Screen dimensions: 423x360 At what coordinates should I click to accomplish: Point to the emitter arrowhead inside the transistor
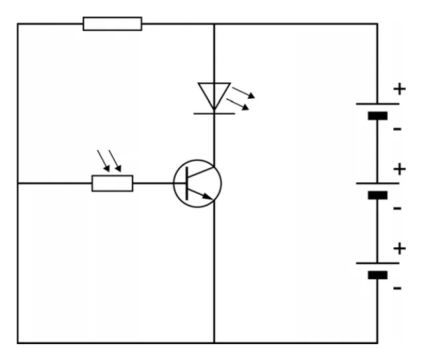click(208, 196)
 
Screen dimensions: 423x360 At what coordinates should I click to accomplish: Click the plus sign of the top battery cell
click(400, 89)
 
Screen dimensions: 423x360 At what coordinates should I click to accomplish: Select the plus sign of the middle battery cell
click(400, 169)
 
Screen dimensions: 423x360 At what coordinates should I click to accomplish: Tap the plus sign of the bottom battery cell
click(400, 249)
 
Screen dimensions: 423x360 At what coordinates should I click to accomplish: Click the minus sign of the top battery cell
click(397, 129)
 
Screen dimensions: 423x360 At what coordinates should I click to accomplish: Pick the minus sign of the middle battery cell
click(397, 208)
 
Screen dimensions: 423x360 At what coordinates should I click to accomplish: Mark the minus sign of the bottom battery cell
click(397, 288)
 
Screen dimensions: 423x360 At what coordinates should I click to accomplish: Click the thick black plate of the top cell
click(378, 116)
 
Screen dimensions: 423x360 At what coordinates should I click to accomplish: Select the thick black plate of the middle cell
click(378, 195)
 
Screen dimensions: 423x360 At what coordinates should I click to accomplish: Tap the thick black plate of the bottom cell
click(378, 275)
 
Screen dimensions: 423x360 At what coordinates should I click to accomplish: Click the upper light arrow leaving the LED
click(243, 93)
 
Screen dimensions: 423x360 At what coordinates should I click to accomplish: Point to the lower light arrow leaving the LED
click(237, 104)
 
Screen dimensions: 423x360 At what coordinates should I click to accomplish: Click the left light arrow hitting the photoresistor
click(103, 161)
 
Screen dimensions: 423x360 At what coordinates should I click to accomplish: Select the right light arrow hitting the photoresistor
click(115, 161)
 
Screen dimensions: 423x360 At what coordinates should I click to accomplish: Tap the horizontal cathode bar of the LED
click(214, 114)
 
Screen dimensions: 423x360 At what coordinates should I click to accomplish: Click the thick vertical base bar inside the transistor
click(187, 184)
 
